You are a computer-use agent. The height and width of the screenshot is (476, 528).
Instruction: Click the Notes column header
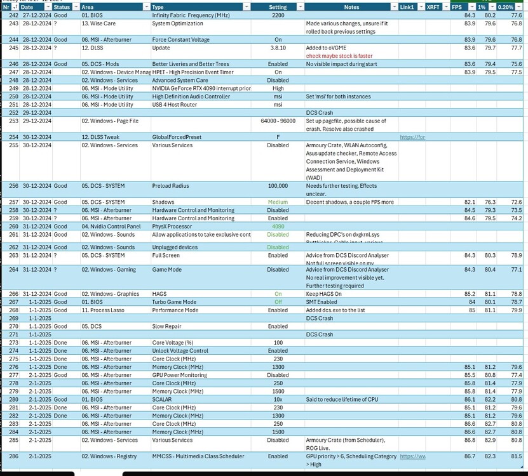tap(351, 7)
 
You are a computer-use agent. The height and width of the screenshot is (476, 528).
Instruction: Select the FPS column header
tap(457, 7)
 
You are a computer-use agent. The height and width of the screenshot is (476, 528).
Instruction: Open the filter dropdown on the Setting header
tap(299, 7)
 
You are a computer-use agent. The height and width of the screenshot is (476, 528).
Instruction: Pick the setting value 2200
tap(278, 15)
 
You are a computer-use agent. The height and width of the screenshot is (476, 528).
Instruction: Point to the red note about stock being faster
tap(339, 56)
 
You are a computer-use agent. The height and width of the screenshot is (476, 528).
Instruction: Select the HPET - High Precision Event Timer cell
tap(193, 72)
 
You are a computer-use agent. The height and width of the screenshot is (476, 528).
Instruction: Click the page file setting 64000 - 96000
tap(278, 121)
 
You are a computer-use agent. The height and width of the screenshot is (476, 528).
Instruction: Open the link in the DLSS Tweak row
tap(412, 137)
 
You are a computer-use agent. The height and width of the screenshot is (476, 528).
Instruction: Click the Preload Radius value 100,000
tap(278, 186)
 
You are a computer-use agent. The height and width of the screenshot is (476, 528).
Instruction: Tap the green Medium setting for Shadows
tap(278, 202)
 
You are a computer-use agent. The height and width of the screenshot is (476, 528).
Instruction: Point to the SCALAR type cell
tap(163, 400)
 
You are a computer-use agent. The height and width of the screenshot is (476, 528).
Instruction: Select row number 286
tap(10, 456)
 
